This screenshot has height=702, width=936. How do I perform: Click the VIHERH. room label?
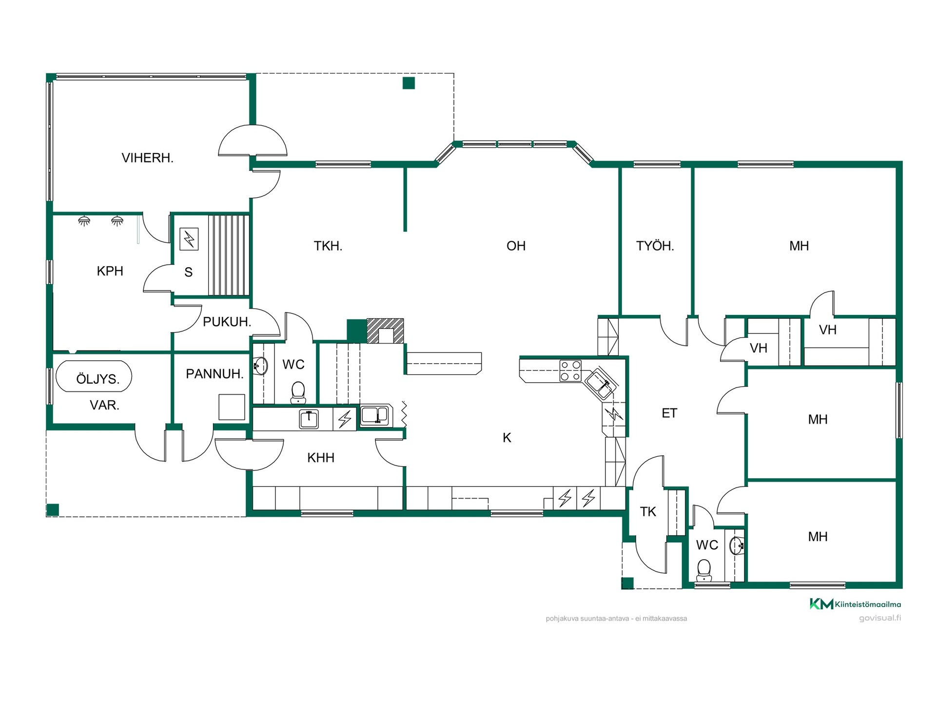pyautogui.click(x=147, y=158)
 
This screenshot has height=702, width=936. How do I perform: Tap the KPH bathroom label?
pyautogui.click(x=110, y=271)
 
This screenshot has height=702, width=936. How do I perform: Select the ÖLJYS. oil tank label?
pyautogui.click(x=97, y=379)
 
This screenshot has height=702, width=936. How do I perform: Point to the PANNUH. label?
pyautogui.click(x=214, y=374)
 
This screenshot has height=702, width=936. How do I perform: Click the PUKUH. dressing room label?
pyautogui.click(x=227, y=322)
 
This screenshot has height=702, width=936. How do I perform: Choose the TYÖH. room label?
pyautogui.click(x=655, y=245)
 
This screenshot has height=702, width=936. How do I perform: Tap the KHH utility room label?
pyautogui.click(x=321, y=458)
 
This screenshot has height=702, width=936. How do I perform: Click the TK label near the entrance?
pyautogui.click(x=648, y=511)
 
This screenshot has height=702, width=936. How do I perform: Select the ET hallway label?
pyautogui.click(x=669, y=413)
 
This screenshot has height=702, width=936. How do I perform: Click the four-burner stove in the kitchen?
pyautogui.click(x=570, y=370)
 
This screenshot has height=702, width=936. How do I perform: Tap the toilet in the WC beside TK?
pyautogui.click(x=704, y=570)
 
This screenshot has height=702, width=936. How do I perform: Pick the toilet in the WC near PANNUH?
pyautogui.click(x=298, y=392)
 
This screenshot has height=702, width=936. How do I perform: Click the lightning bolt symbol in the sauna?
pyautogui.click(x=189, y=239)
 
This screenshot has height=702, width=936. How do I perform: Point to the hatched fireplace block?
pyautogui.click(x=385, y=331)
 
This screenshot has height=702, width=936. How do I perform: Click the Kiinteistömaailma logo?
pyautogui.click(x=855, y=604)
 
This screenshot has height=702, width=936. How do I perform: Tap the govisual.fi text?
pyautogui.click(x=880, y=618)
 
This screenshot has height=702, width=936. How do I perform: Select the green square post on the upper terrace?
pyautogui.click(x=409, y=83)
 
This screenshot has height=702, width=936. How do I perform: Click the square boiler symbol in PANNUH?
pyautogui.click(x=232, y=407)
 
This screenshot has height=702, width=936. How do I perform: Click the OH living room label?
pyautogui.click(x=516, y=246)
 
